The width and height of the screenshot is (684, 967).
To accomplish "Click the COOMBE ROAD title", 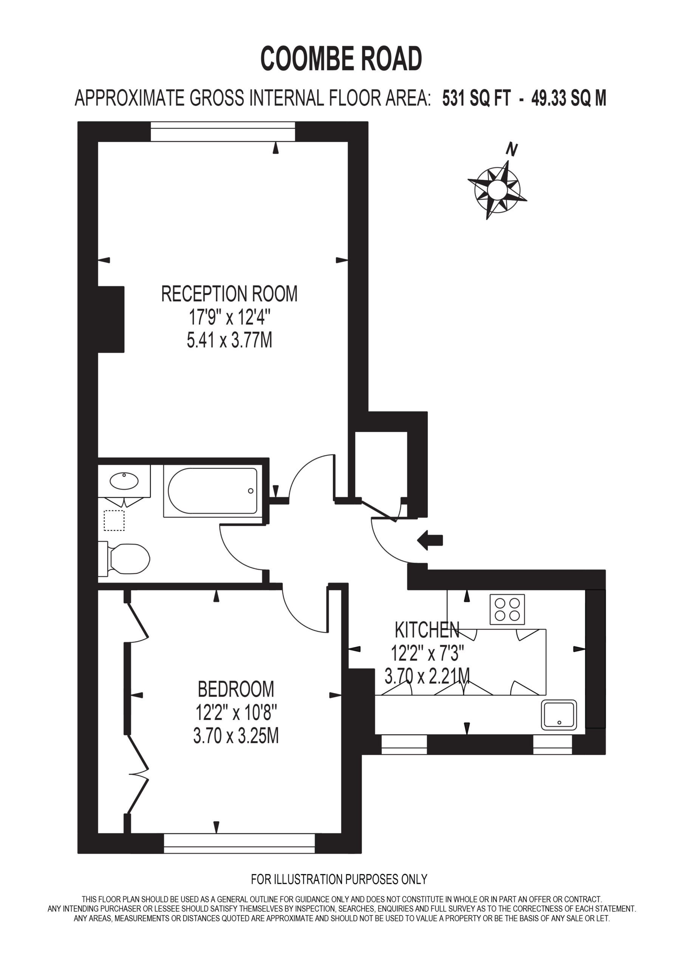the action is pos(341,59).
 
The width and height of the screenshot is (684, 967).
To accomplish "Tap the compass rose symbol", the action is pos(497,190).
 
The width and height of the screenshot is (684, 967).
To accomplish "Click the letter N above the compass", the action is pos(512,150).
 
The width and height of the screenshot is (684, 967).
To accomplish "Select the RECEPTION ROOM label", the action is pos(229,293).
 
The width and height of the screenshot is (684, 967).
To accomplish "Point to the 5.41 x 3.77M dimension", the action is pos(229,340).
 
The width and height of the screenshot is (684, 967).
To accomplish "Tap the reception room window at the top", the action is pos(223,132).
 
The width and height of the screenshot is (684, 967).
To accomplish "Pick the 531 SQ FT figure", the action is pos(476,99).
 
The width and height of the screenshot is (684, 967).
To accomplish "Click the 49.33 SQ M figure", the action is pos(569,99).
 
